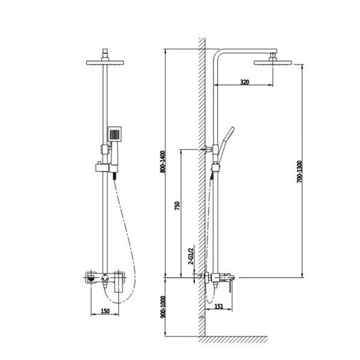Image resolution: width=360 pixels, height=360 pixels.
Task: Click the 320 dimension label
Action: (x=245, y=82)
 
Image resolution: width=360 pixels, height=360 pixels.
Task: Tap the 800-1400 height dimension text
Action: (x=163, y=161)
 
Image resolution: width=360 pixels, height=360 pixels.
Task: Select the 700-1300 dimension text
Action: (x=299, y=172)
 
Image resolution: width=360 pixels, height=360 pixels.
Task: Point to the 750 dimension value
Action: (x=177, y=206)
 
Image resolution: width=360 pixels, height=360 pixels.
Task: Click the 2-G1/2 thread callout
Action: (x=191, y=255)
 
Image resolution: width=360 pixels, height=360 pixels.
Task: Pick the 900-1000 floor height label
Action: (x=163, y=307)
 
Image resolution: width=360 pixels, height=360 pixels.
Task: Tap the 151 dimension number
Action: (x=219, y=307)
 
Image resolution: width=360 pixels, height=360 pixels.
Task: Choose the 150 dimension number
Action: (x=106, y=311)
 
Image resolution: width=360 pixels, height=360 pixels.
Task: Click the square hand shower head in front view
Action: (x=115, y=134)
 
